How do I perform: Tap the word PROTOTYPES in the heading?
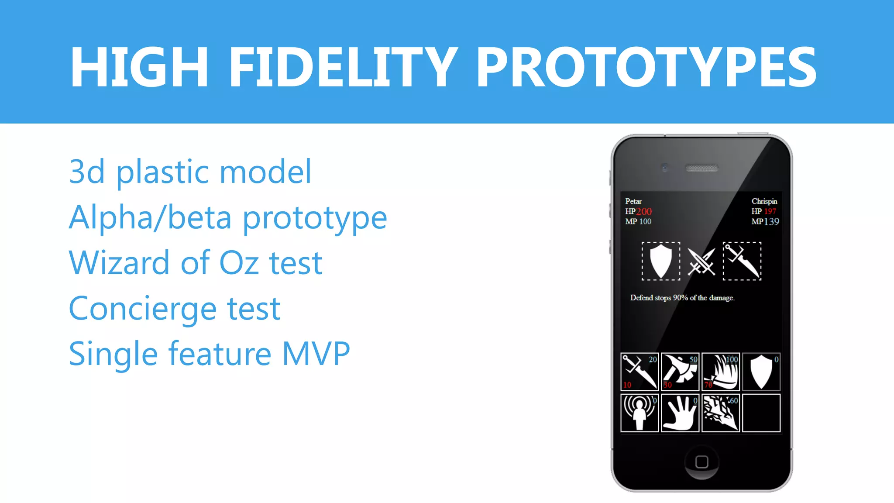pyautogui.click(x=646, y=68)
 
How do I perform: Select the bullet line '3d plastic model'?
pyautogui.click(x=190, y=172)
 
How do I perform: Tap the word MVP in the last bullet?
pyautogui.click(x=316, y=354)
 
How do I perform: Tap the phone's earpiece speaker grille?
pyautogui.click(x=701, y=168)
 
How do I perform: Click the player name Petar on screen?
pyautogui.click(x=633, y=201)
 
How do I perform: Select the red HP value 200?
pyautogui.click(x=644, y=212)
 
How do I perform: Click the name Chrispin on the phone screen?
pyautogui.click(x=764, y=201)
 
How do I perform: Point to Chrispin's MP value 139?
pyautogui.click(x=771, y=222)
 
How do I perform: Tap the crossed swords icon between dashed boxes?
pyautogui.click(x=701, y=262)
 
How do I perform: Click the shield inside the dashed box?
pyautogui.click(x=661, y=261)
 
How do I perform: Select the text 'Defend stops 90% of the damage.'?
pyautogui.click(x=682, y=298)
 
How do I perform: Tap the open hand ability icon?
pyautogui.click(x=680, y=413)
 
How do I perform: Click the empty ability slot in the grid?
pyautogui.click(x=761, y=413)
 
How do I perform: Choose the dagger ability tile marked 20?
pyautogui.click(x=640, y=372)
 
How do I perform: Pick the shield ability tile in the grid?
pyautogui.click(x=761, y=372)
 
